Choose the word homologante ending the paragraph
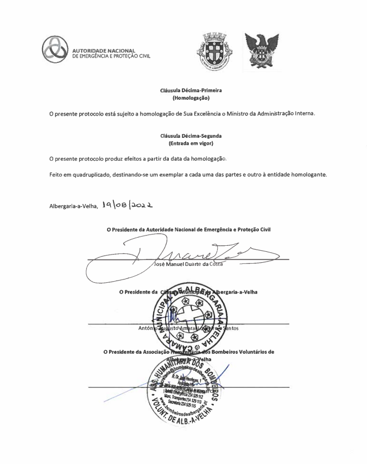307,174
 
